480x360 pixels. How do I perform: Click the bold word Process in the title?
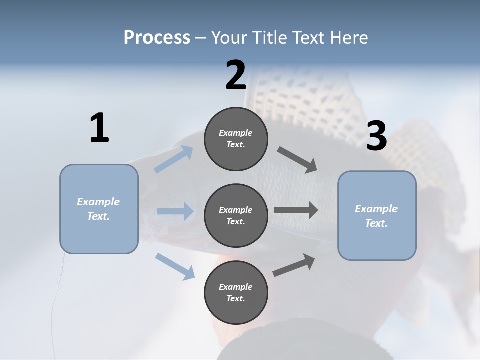pyautogui.click(x=157, y=38)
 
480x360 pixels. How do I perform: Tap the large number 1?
pyautogui.click(x=99, y=128)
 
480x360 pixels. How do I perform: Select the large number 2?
pyautogui.click(x=236, y=76)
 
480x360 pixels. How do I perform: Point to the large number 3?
pyautogui.click(x=376, y=136)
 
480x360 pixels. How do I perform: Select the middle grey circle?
pyautogui.click(x=236, y=215)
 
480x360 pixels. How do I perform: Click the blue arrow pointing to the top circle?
pyautogui.click(x=174, y=159)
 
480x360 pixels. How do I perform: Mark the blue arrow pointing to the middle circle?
pyautogui.click(x=175, y=211)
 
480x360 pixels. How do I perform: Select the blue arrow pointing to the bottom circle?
pyautogui.click(x=175, y=266)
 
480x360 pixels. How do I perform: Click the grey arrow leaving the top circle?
pyautogui.click(x=297, y=159)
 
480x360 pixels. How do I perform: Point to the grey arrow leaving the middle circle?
pyautogui.click(x=296, y=210)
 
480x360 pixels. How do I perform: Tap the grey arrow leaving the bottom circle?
pyautogui.click(x=294, y=265)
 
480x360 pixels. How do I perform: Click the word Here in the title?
pyautogui.click(x=350, y=38)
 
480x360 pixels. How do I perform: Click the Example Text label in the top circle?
pyautogui.click(x=236, y=139)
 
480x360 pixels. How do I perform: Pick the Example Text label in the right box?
pyautogui.click(x=376, y=216)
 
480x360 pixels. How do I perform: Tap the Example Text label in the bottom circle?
pyautogui.click(x=236, y=293)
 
